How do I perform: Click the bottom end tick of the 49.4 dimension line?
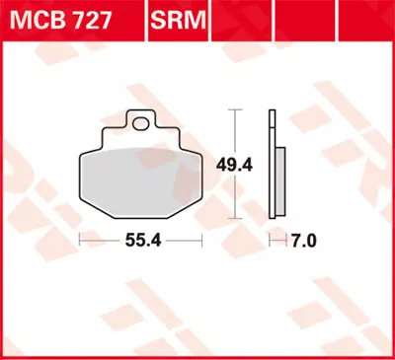tap(234, 218)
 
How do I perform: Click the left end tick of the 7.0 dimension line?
tap(270, 239)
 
